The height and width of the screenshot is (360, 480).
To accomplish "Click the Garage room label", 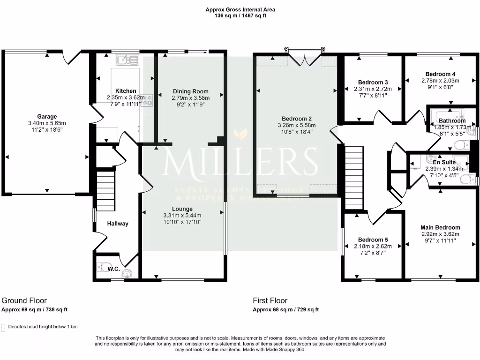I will click(x=47, y=117).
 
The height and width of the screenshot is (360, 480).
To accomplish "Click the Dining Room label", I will click(x=190, y=91).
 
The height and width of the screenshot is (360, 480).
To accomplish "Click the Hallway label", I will click(x=117, y=224).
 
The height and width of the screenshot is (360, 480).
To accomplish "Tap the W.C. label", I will click(x=113, y=269).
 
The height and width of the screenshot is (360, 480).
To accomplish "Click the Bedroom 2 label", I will click(x=296, y=119).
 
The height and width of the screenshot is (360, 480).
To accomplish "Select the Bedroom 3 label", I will click(x=373, y=82).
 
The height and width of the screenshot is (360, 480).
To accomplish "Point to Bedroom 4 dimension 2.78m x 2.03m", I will click(x=440, y=81).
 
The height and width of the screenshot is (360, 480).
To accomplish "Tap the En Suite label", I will click(x=440, y=162).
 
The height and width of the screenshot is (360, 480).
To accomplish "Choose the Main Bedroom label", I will click(x=440, y=227).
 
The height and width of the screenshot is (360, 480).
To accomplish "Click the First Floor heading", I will click(x=270, y=300).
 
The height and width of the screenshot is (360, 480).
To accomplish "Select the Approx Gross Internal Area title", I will click(x=240, y=9).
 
